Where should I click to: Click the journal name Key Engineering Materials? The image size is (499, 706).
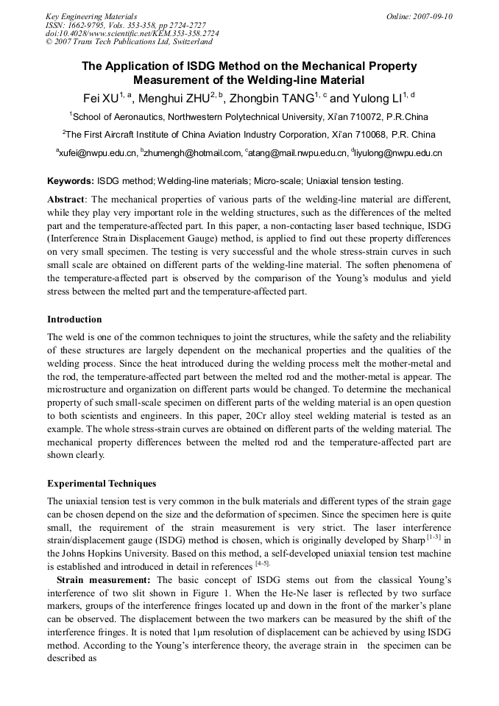coord(91,16)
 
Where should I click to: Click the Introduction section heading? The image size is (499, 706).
coord(74,320)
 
